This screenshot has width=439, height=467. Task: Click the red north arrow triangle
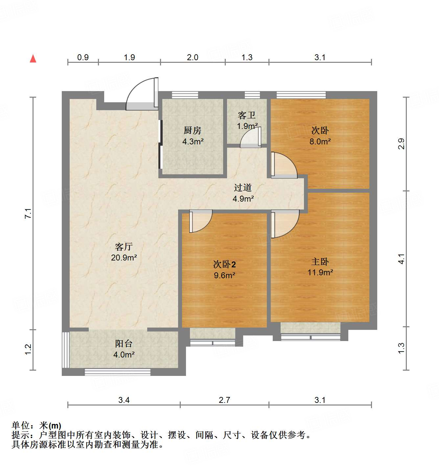click(x=33, y=59)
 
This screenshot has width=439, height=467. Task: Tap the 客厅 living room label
click(x=124, y=247)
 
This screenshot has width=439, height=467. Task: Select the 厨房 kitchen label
click(x=192, y=131)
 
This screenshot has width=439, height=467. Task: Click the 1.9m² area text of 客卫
click(x=247, y=126)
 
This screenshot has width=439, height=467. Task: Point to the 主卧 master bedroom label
click(x=320, y=262)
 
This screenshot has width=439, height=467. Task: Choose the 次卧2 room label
click(x=224, y=264)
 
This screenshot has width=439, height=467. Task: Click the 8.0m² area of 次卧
click(x=320, y=142)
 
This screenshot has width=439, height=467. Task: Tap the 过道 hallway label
click(x=243, y=188)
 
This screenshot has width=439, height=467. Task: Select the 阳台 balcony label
click(x=124, y=344)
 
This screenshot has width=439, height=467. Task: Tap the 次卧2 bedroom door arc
click(x=201, y=221)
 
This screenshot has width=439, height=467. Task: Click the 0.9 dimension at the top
click(x=83, y=58)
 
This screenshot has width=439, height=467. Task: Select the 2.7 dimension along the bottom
click(x=224, y=400)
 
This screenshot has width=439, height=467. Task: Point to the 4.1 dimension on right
click(x=401, y=259)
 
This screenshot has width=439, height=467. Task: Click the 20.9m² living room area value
click(x=124, y=258)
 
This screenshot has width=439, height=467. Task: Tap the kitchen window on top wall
click(x=185, y=95)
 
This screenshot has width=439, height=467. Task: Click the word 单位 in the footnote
click(x=21, y=426)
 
